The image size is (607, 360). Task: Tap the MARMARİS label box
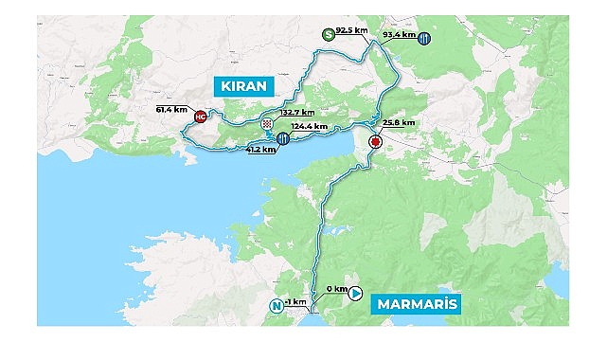tap(417, 304)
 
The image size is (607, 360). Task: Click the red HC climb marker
tap(200, 117)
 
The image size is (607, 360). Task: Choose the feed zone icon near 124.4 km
tap(283, 139)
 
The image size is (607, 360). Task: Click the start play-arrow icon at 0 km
tap(356, 294)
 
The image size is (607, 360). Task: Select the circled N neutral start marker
tap(277, 306)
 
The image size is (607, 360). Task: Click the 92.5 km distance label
tap(353, 32)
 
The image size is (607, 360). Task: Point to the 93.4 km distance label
tap(399, 35)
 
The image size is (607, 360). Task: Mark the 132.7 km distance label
tap(297, 113)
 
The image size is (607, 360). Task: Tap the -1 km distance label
tap(295, 301)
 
